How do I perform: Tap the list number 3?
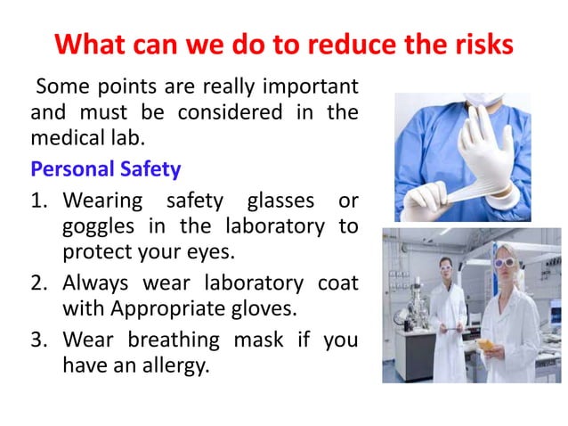coord(40,340)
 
